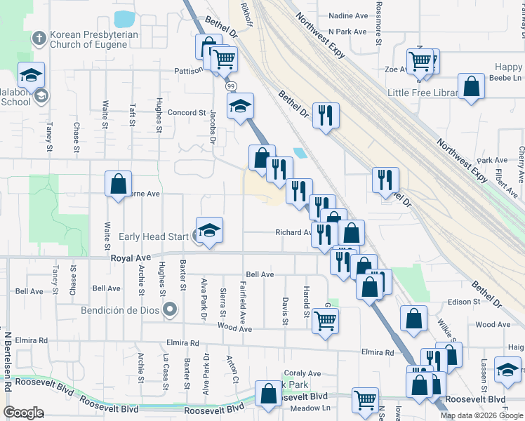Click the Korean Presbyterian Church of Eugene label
tap(88, 39)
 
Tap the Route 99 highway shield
tap(231, 86)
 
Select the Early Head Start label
tap(154, 236)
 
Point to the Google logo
tap(23, 413)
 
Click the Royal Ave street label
tap(131, 258)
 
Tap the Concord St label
tap(186, 112)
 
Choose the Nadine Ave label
tap(348, 15)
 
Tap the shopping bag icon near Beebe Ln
tap(472, 87)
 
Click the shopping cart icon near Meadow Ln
tap(365, 400)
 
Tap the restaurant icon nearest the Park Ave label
tap(385, 180)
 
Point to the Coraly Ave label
tap(302, 374)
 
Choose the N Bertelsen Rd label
tap(7, 361)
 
